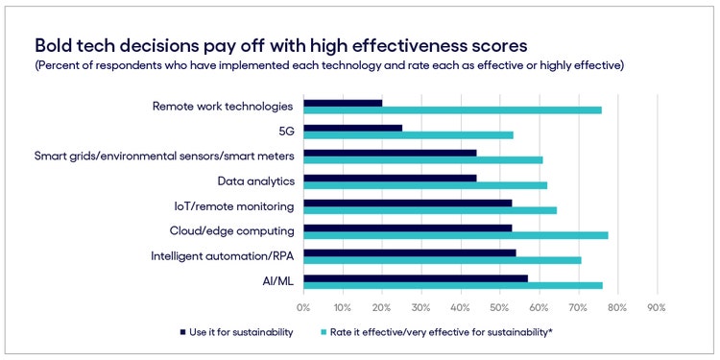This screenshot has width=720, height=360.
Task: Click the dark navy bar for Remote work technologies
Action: (343, 103)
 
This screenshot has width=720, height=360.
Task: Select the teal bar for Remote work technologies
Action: (452, 109)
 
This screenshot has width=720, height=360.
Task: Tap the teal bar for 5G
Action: (408, 134)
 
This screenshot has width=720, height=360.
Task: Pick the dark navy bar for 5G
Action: (352, 128)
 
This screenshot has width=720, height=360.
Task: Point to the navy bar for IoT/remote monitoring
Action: (407, 203)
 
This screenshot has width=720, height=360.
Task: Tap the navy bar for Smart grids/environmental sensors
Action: (390, 153)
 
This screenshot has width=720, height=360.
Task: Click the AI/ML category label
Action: (278, 280)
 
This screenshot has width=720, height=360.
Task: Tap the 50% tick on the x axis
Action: (499, 307)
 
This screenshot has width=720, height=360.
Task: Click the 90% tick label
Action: (656, 307)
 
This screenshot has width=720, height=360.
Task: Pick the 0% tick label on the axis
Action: (303, 307)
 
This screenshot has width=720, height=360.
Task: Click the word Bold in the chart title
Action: (55, 46)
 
